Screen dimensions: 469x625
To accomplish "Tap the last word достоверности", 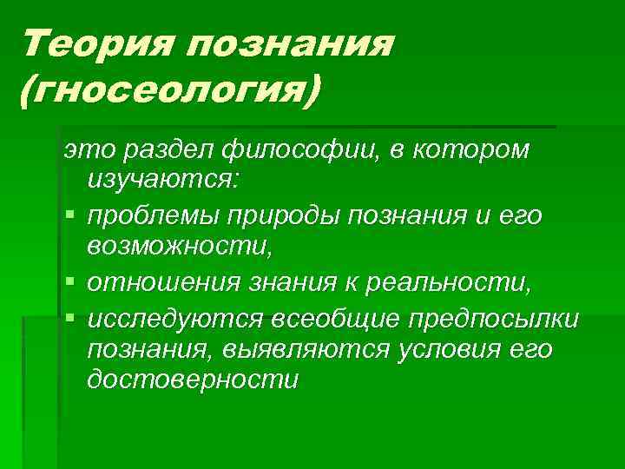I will tap(192, 380).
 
